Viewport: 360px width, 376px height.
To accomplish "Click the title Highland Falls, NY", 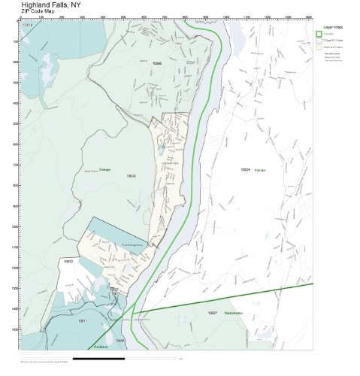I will [52, 5].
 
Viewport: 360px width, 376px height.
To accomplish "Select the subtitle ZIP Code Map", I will [38, 12].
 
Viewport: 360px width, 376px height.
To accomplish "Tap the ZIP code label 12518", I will [29, 25].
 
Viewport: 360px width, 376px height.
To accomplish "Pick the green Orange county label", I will [104, 170].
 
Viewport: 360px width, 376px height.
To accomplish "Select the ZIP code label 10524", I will [244, 170].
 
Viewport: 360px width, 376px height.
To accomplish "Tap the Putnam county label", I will [261, 171].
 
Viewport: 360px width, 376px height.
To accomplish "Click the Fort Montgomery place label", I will [131, 245].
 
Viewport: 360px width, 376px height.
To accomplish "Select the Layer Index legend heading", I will [332, 26].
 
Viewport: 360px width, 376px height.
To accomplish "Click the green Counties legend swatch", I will [319, 34].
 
